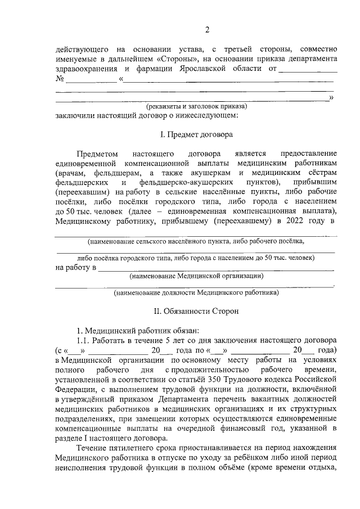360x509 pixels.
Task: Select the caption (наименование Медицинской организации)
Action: click(196, 276)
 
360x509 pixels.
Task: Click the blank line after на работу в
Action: click(217, 267)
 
